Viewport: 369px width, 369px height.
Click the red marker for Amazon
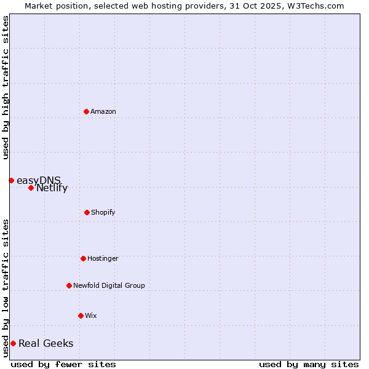[86, 111]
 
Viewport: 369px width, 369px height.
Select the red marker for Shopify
[87, 212]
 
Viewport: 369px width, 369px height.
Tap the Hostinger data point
[83, 258]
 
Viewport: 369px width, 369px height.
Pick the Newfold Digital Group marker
[69, 285]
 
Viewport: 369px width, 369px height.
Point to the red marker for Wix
[81, 315]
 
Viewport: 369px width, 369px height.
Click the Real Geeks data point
[13, 343]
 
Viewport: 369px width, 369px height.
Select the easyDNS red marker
[11, 180]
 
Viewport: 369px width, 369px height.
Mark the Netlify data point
[31, 188]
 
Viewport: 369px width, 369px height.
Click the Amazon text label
[103, 111]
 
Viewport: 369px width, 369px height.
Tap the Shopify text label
[103, 212]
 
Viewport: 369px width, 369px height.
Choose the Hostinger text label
[103, 258]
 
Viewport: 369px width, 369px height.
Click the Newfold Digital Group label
[109, 285]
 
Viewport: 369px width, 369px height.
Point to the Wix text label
[91, 315]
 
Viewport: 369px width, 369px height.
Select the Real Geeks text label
[46, 343]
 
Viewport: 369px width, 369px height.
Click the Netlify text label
[52, 188]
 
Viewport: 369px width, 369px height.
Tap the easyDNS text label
[39, 180]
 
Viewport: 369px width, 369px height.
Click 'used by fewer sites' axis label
[63, 364]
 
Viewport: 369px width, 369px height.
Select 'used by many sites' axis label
[309, 364]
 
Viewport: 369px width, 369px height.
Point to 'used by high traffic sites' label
[6, 87]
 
